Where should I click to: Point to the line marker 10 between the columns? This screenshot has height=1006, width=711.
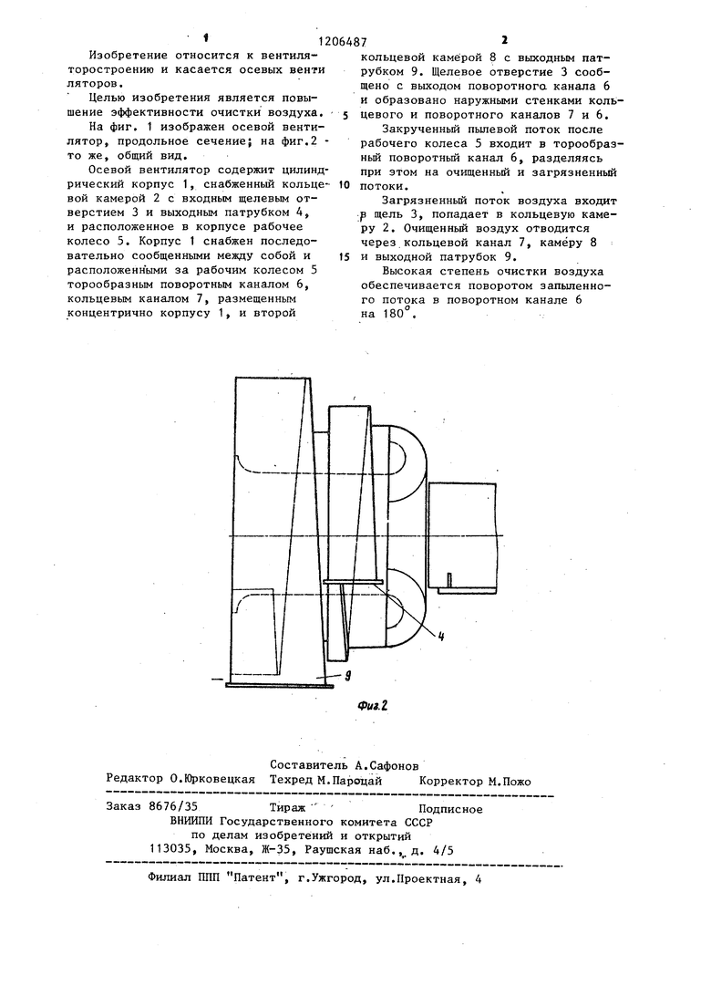(343, 183)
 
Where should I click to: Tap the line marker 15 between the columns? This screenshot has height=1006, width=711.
(343, 257)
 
